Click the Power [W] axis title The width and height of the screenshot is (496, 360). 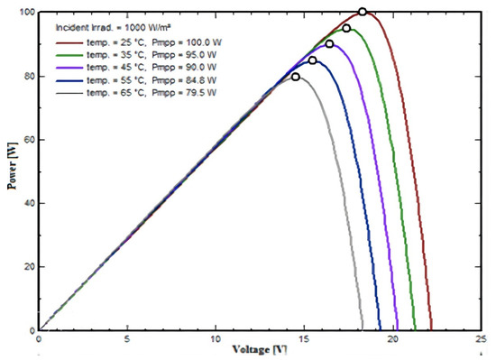pyautogui.click(x=10, y=171)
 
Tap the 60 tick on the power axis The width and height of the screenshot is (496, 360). pyautogui.click(x=28, y=140)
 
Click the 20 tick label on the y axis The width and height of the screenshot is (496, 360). pyautogui.click(x=28, y=267)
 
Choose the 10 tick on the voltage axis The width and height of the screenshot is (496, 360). pyautogui.click(x=215, y=339)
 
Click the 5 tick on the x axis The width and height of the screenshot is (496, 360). pyautogui.click(x=127, y=339)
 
